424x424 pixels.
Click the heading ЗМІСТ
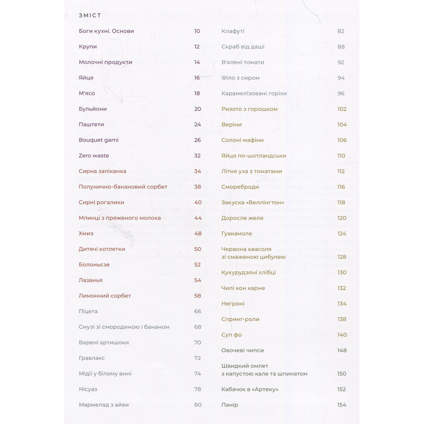[90, 16]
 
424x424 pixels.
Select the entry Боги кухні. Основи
[106, 31]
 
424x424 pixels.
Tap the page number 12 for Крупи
[197, 47]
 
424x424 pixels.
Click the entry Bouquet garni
[99, 140]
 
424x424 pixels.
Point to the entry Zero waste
[94, 156]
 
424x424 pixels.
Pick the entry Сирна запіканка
[102, 171]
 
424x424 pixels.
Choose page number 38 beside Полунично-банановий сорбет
[198, 187]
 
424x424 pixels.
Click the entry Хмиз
[86, 234]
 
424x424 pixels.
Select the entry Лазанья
[90, 280]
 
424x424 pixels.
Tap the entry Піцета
[88, 311]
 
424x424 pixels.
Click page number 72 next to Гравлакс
[198, 358]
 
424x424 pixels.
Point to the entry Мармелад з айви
[104, 405]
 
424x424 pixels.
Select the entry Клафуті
[233, 31]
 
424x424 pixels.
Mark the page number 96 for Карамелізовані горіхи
[341, 94]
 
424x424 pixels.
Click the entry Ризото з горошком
[249, 109]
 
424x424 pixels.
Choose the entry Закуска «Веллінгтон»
[253, 202]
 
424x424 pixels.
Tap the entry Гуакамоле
[236, 234]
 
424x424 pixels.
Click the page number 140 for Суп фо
[342, 335]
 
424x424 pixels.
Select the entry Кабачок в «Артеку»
[250, 389]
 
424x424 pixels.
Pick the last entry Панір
[230, 405]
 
